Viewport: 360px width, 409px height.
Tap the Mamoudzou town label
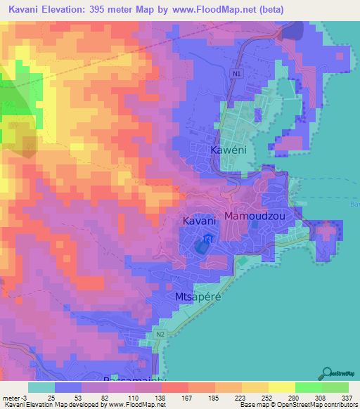255,216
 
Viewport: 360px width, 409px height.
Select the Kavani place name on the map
199,221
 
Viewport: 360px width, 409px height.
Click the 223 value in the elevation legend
231,396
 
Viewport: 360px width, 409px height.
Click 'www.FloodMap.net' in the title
231,8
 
